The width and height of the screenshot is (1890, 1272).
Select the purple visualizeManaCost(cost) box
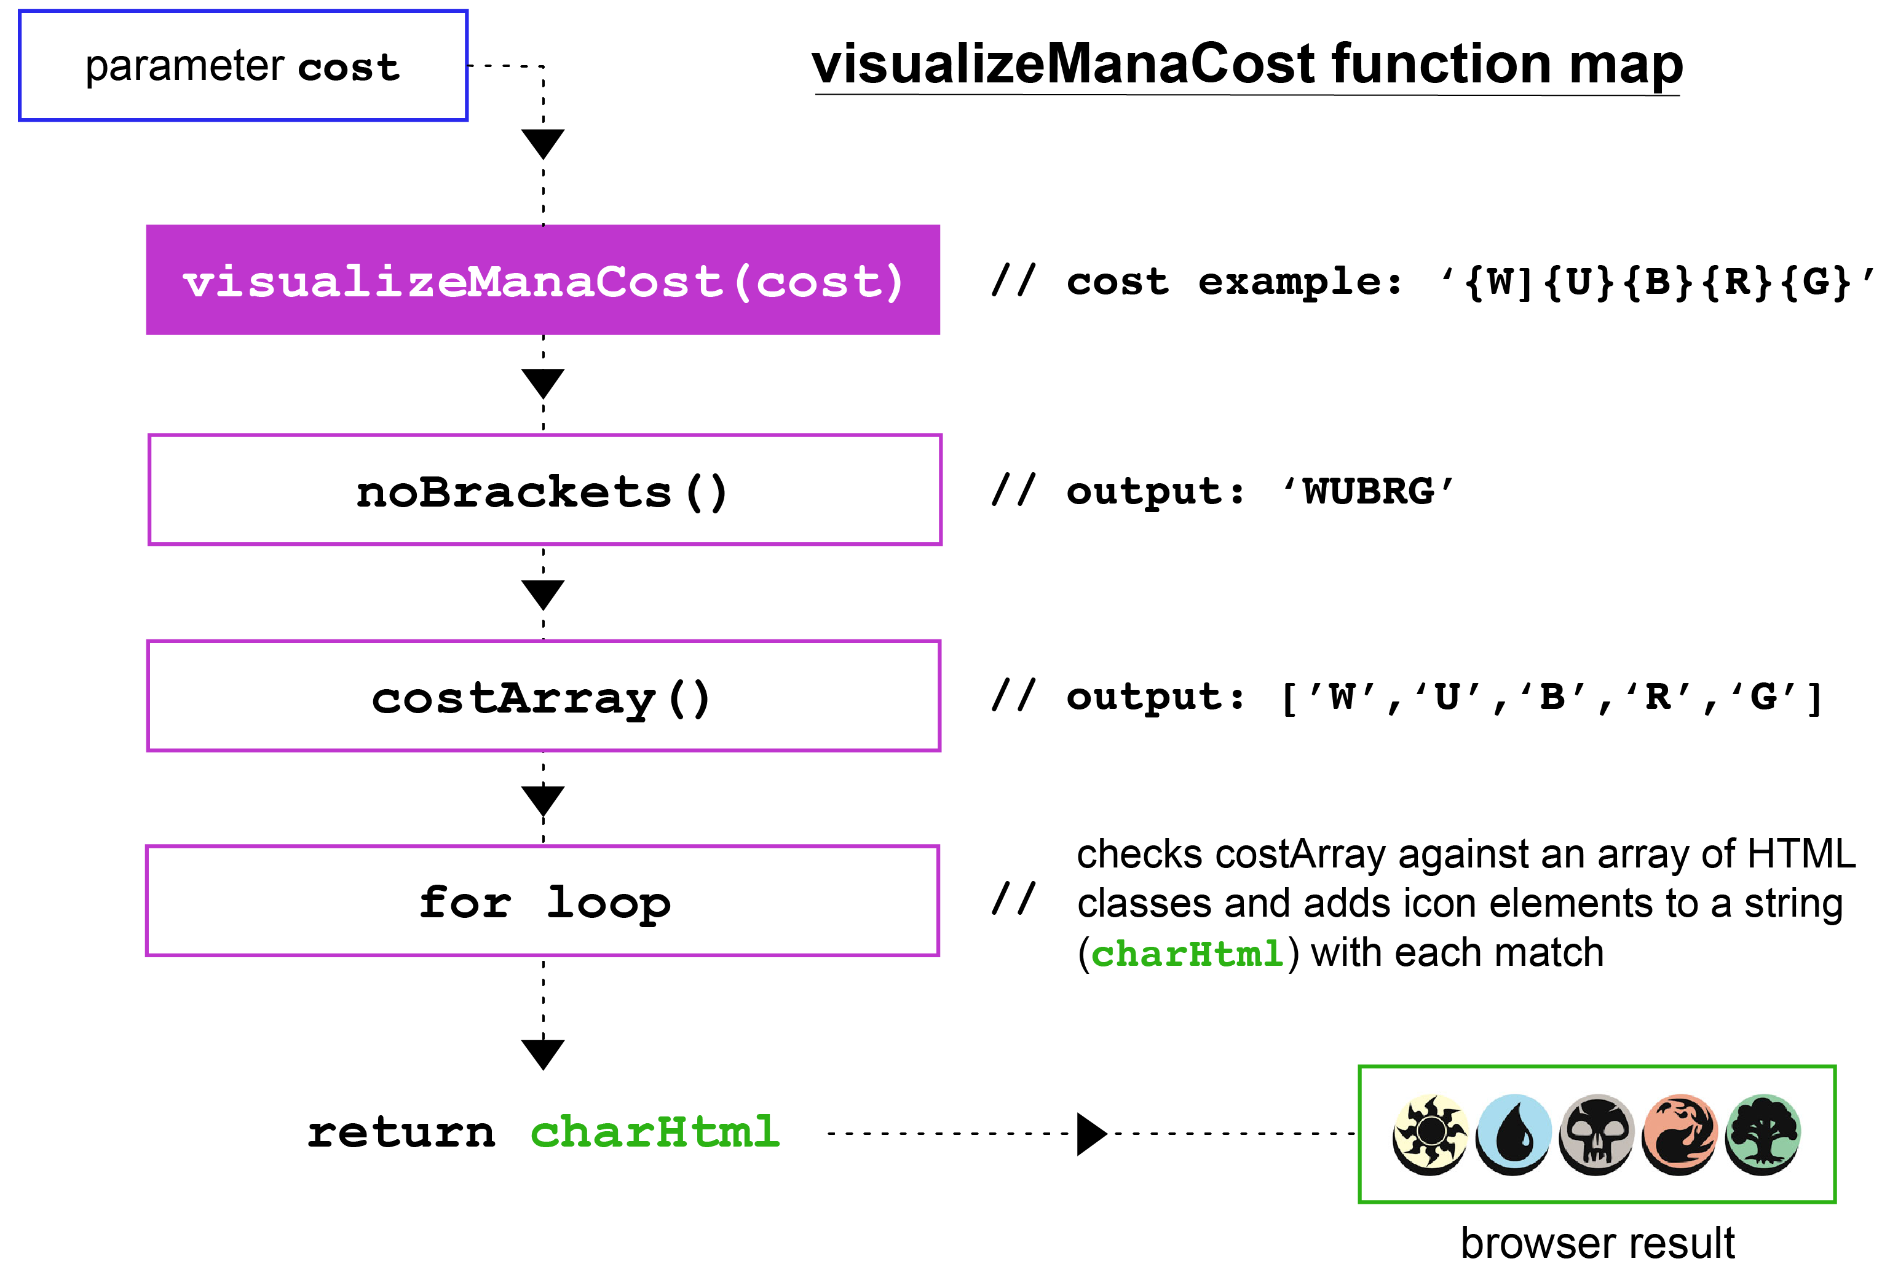pos(543,280)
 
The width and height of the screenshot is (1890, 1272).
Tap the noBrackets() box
pos(544,490)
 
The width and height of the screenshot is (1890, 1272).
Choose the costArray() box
pos(543,696)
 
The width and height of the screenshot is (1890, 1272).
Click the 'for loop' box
pos(542,901)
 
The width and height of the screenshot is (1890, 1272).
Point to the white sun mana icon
pos(1429,1133)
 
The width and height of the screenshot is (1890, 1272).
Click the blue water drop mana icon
pos(1513,1133)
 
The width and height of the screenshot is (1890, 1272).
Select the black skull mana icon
pos(1595,1133)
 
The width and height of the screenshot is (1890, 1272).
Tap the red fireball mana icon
pos(1679,1133)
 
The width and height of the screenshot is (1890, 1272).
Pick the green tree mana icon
pos(1763,1133)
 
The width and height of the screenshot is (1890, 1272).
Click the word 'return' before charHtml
pos(401,1132)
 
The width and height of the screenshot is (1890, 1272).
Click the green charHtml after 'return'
pos(655,1132)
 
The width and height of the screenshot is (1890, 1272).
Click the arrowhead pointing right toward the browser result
pos(1091,1133)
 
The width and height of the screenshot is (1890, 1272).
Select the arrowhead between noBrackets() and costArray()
pos(543,594)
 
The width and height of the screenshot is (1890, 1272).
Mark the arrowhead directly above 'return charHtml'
pos(543,1054)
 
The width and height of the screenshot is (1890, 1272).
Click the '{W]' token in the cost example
pos(1500,282)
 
